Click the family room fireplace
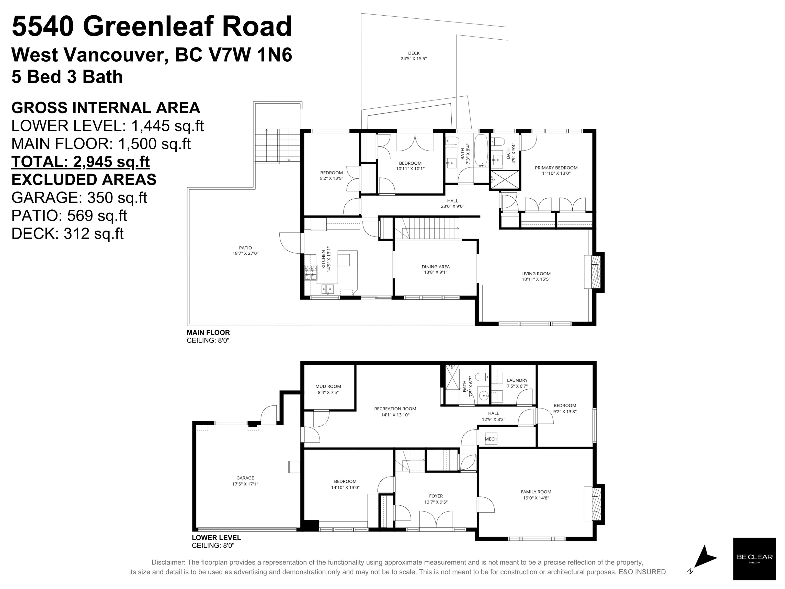[594, 504]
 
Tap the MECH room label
[491, 439]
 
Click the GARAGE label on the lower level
[245, 478]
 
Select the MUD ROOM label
[328, 386]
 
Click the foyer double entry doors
[436, 520]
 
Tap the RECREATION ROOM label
[395, 409]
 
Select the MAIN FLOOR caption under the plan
[208, 333]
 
